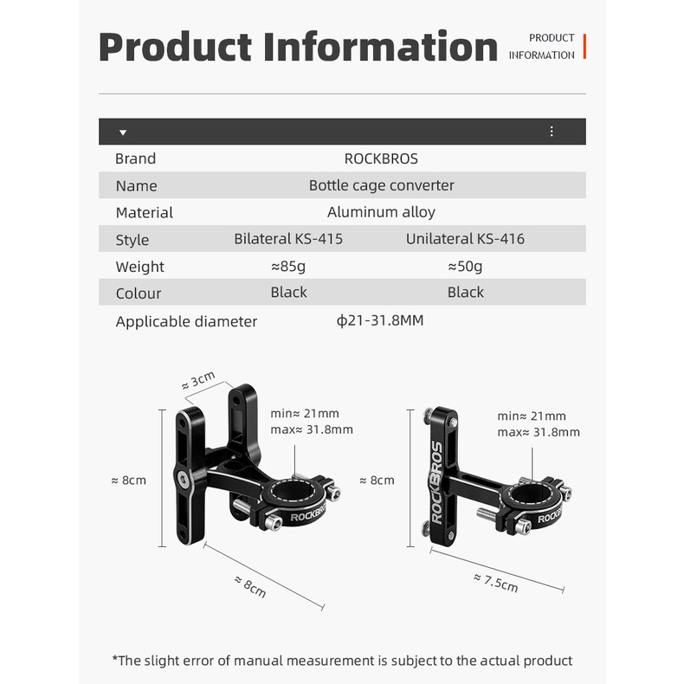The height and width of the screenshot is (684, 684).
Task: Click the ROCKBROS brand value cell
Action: click(x=381, y=158)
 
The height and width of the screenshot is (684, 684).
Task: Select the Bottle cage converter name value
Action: click(x=381, y=186)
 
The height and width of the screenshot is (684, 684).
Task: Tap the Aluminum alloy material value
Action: click(x=381, y=212)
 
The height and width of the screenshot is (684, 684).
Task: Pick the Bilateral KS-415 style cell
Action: click(x=288, y=239)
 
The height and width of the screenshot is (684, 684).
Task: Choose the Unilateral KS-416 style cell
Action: click(x=465, y=239)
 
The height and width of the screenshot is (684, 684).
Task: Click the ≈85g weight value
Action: click(x=288, y=266)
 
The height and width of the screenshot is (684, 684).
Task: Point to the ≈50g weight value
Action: click(x=465, y=266)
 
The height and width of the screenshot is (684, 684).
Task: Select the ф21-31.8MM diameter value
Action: click(x=380, y=320)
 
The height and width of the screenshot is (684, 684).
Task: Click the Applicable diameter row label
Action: click(x=186, y=322)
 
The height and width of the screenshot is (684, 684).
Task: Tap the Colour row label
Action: click(x=139, y=294)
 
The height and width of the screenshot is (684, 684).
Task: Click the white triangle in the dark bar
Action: click(x=123, y=132)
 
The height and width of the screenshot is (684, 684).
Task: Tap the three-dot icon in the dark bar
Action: click(x=552, y=132)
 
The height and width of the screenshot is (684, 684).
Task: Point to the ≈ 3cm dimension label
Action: click(x=198, y=380)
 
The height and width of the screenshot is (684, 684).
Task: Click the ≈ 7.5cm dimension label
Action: click(x=496, y=584)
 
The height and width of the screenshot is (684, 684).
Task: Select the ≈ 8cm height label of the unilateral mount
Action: click(x=377, y=481)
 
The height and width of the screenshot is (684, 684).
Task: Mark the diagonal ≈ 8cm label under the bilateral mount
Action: click(x=250, y=587)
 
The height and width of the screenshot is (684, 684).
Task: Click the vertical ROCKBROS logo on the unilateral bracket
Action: click(x=436, y=482)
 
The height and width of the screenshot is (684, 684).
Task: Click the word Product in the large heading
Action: click(x=176, y=47)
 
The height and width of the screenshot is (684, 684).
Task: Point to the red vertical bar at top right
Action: click(x=584, y=46)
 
